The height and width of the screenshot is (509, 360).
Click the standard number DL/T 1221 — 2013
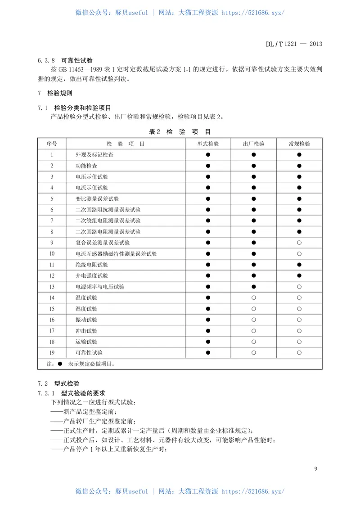point(293,44)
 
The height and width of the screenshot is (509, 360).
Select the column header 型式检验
point(208,144)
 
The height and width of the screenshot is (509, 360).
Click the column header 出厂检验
point(254,144)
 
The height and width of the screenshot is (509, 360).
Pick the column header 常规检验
point(299,144)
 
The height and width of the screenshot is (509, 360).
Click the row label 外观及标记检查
point(94,155)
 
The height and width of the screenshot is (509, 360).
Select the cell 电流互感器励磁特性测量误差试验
point(117,254)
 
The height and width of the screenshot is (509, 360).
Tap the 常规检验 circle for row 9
point(299,243)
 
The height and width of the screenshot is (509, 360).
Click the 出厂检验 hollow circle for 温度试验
point(254,297)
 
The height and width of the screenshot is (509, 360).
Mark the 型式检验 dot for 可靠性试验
point(208,352)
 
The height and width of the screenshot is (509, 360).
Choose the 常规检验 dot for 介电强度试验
point(299,275)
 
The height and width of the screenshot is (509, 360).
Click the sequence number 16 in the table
point(52,320)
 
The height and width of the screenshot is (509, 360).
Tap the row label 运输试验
point(86,342)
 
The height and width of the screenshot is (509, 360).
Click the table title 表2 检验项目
point(180,132)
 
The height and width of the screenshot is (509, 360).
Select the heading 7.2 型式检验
point(58,383)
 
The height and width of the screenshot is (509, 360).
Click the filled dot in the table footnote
point(59,363)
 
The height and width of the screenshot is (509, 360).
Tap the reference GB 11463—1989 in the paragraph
point(84,70)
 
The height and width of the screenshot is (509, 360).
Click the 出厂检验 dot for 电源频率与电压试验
point(254,287)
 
